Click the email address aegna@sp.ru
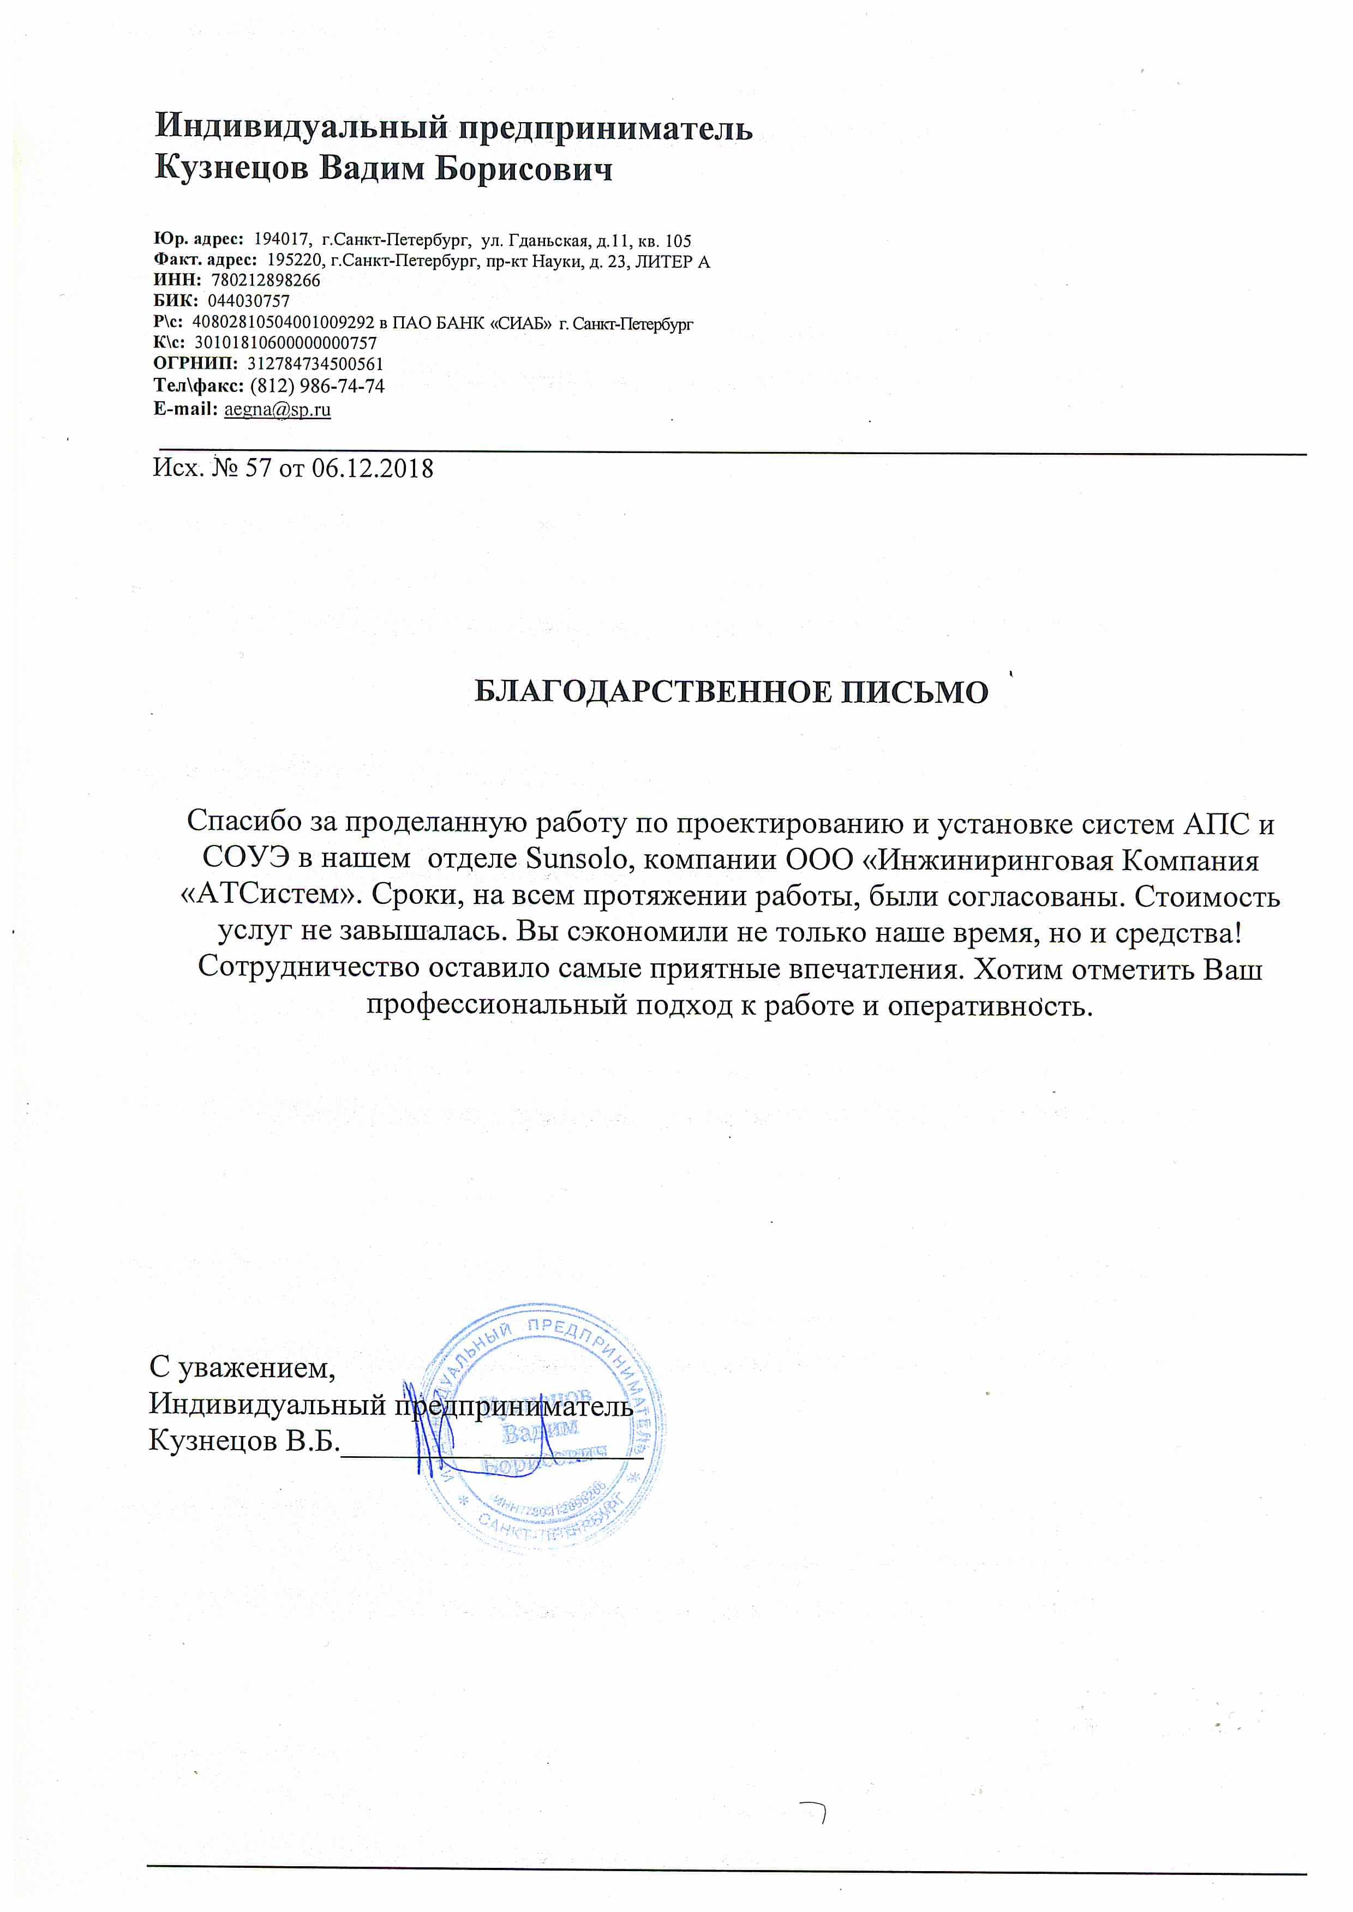pyautogui.click(x=278, y=410)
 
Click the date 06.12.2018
pyautogui.click(x=373, y=469)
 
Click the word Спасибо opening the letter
pyautogui.click(x=245, y=822)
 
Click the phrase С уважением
pyautogui.click(x=242, y=1367)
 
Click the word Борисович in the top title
pyautogui.click(x=525, y=169)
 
